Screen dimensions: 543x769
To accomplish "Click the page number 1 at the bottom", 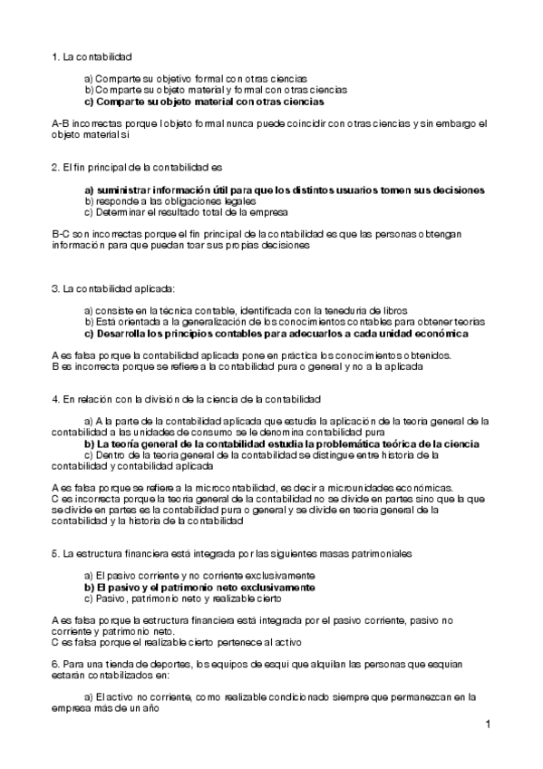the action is click(x=488, y=724).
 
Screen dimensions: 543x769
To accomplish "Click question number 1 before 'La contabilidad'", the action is click(x=56, y=56).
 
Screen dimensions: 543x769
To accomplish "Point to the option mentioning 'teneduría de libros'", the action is click(x=245, y=310).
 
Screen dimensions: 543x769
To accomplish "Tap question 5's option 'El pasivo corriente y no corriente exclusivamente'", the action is click(x=199, y=576).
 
